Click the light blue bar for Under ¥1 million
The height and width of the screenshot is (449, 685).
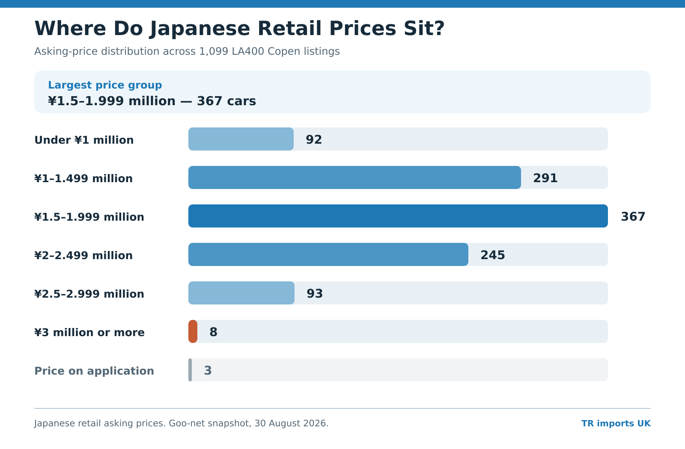[241, 139]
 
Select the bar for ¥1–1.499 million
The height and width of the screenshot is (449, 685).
[354, 177]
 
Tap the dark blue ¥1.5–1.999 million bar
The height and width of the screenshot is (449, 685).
[398, 216]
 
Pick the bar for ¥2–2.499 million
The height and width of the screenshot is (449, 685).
[328, 254]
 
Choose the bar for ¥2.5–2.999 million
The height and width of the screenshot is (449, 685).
[241, 293]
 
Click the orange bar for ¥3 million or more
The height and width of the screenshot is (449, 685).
[193, 331]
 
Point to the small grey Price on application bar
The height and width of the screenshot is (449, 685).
[190, 370]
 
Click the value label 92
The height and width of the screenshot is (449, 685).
[314, 139]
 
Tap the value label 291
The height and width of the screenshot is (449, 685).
[545, 178]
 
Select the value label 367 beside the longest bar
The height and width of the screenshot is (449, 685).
[633, 216]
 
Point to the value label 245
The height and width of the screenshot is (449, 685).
[493, 255]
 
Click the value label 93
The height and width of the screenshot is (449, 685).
[315, 293]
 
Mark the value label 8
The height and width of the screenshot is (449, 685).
[214, 332]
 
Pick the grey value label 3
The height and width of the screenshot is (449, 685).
[208, 370]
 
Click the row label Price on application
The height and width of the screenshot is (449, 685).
[94, 371]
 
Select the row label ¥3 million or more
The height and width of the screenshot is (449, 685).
[89, 332]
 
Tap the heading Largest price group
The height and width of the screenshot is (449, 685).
[105, 85]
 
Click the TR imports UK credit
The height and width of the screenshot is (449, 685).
[616, 423]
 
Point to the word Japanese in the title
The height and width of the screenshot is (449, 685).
[200, 29]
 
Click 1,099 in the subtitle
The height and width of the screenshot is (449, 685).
[214, 51]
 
